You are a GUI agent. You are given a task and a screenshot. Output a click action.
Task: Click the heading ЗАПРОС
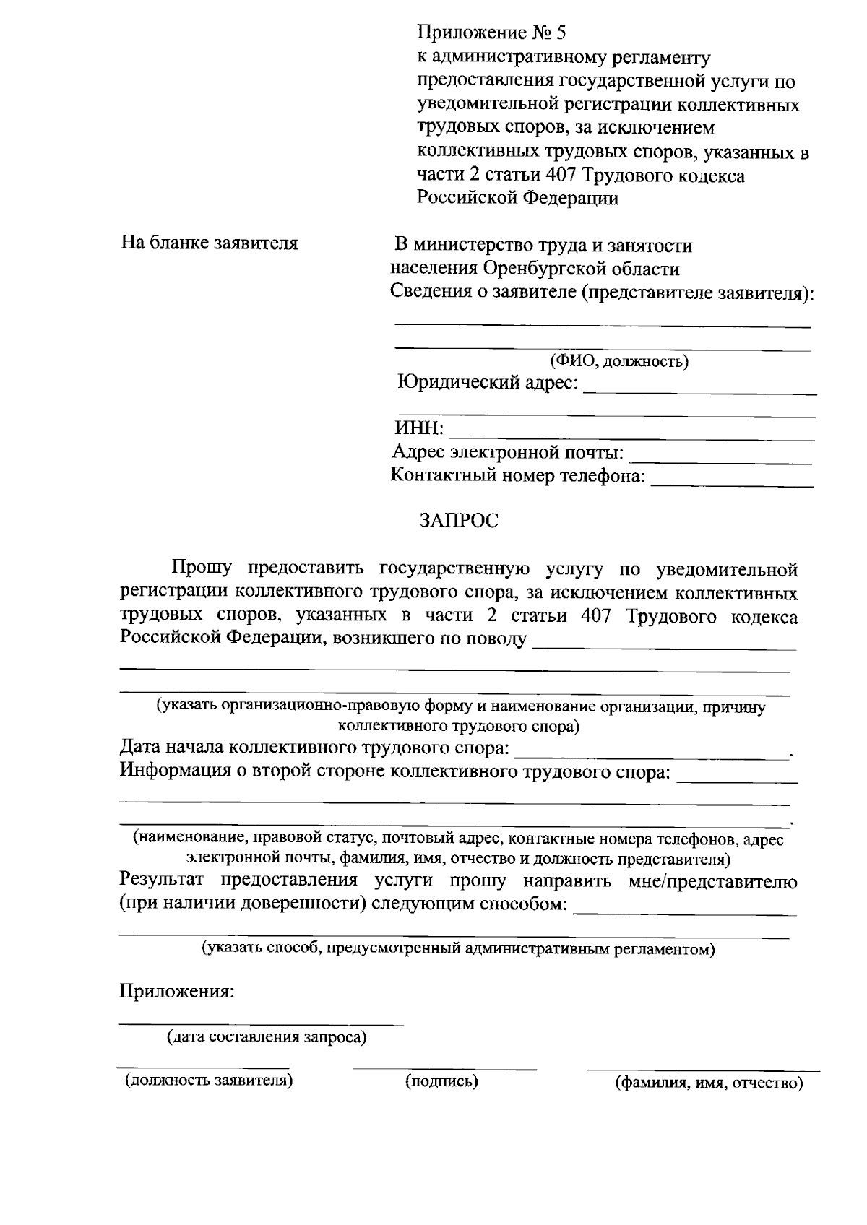459,520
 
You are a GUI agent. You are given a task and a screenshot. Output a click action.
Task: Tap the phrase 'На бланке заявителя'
210,243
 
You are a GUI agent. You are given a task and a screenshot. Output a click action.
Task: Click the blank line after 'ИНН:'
632,433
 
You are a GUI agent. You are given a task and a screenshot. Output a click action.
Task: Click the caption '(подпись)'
442,1081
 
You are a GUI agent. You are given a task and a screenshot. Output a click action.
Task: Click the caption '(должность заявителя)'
209,1081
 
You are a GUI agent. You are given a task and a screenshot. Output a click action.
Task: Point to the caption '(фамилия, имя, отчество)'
708,1083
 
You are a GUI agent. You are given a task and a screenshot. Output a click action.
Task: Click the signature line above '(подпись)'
444,1068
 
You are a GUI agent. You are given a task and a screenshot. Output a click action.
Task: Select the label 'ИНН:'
418,429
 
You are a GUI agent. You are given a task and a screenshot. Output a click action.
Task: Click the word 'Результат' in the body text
163,880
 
